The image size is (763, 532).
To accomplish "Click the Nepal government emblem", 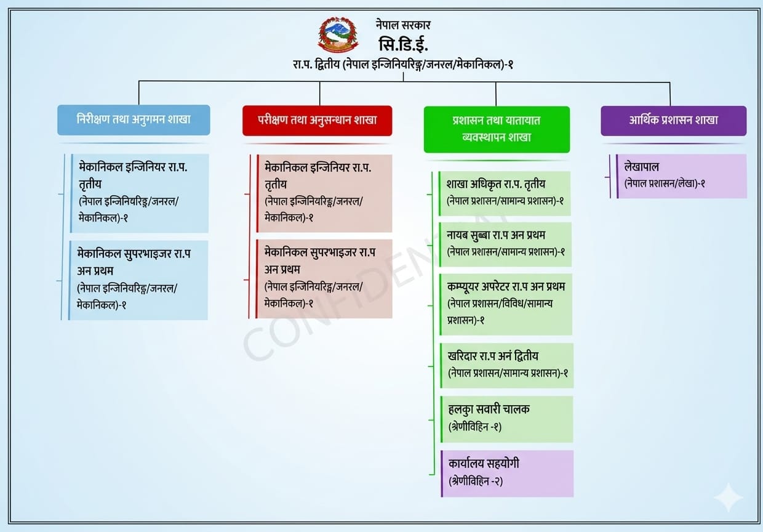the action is tap(338, 34).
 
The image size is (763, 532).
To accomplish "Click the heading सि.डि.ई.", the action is tap(403, 44).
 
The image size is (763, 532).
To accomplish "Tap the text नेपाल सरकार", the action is tap(403, 25).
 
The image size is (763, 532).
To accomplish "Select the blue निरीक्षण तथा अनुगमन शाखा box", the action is tap(134, 120).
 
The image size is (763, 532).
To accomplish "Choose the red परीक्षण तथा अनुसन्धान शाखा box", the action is tap(317, 121).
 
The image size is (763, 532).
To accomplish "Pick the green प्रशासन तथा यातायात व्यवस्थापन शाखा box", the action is tap(497, 129).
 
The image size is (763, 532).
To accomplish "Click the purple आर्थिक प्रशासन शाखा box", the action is tap(673, 121).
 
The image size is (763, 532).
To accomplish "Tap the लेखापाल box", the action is tap(681, 176).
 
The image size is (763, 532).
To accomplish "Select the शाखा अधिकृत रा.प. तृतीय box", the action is tap(505, 193).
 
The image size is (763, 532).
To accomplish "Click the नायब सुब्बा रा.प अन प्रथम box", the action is tap(505, 244).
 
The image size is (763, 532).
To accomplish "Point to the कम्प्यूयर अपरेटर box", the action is tap(506, 304).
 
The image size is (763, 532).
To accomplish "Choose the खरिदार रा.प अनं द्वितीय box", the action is tap(506, 365).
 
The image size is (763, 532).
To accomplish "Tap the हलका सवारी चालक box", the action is tap(507, 419).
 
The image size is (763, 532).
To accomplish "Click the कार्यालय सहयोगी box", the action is tap(507, 474).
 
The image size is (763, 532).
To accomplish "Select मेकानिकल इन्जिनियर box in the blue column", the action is tap(139, 193).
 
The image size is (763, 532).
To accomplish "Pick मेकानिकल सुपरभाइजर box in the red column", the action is tap(324, 279).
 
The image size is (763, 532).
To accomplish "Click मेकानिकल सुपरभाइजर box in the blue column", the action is tap(138, 280).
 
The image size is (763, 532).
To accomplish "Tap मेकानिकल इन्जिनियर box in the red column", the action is tap(324, 193).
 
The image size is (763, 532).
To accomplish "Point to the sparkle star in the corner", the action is tap(729, 498).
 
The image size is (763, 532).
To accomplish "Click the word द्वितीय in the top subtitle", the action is tap(327, 64).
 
